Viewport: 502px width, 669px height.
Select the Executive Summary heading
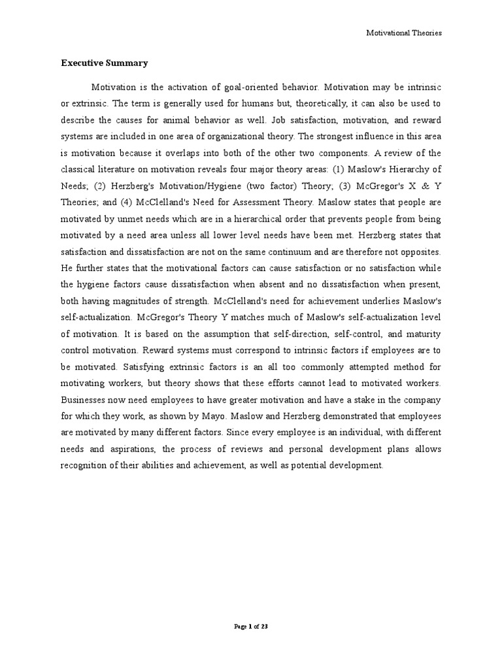[105, 63]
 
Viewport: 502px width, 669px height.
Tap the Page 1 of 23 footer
[251, 627]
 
